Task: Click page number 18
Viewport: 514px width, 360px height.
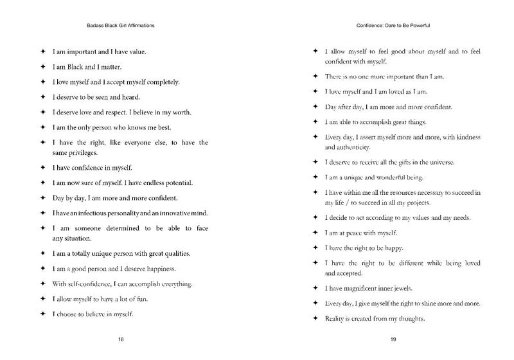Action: point(121,339)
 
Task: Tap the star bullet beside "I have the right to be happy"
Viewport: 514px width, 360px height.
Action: point(315,248)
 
